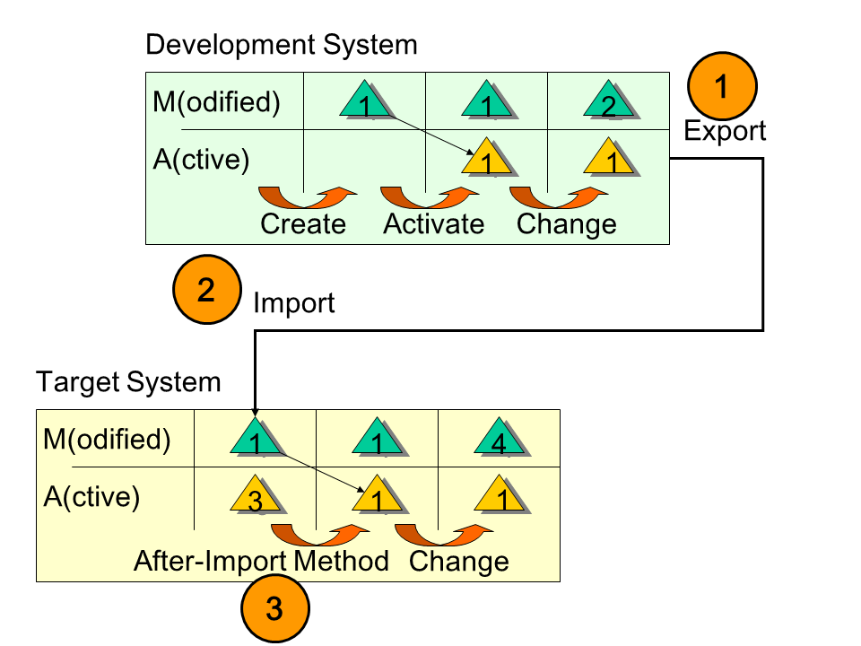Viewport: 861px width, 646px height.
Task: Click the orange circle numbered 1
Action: point(722,86)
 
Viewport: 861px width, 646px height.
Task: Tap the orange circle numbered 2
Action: point(207,290)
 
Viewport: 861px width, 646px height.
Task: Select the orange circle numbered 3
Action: point(274,609)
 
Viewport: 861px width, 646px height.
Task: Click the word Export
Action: point(725,131)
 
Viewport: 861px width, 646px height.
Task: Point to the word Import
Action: point(293,303)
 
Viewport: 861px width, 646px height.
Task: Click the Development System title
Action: point(281,44)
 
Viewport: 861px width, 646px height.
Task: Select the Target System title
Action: point(128,382)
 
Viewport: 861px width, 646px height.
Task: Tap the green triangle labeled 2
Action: point(610,100)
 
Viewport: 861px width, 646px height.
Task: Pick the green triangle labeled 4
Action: point(500,438)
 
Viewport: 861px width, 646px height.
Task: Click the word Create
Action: point(303,223)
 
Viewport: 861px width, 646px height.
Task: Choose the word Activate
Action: point(433,223)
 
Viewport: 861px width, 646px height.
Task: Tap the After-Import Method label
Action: point(261,561)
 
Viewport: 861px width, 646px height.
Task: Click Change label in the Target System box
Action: point(458,562)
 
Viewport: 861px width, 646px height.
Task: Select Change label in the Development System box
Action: point(567,223)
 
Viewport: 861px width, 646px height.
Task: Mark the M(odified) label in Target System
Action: point(107,440)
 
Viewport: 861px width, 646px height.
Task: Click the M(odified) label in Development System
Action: point(216,102)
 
